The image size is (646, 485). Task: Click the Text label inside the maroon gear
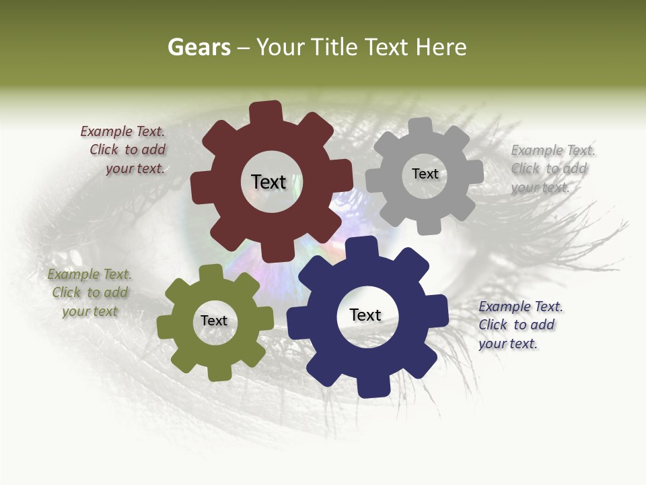click(268, 182)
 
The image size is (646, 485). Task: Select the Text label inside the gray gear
click(425, 174)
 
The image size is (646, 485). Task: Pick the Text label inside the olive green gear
click(214, 321)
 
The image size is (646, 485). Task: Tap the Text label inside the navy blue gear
click(365, 315)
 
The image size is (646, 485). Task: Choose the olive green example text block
click(89, 293)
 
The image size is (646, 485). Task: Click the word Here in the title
click(441, 47)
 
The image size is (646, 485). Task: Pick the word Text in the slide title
click(387, 47)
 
